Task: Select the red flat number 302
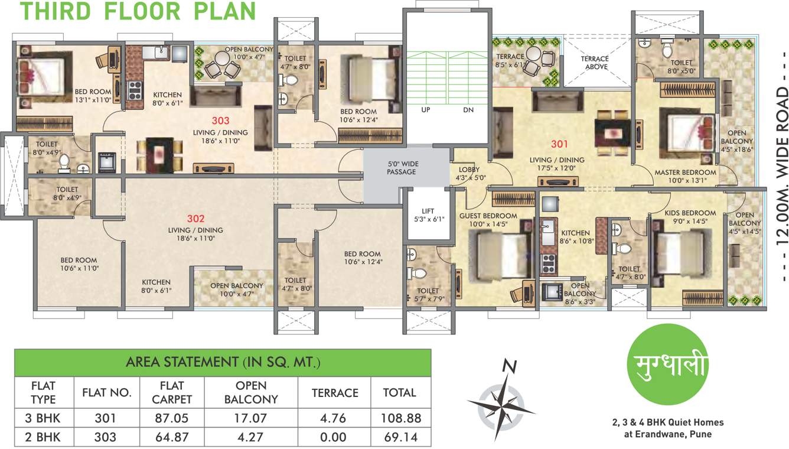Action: click(195, 217)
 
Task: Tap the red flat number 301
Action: click(559, 144)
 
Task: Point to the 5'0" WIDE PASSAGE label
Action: click(402, 168)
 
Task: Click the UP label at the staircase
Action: click(425, 110)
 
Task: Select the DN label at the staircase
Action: click(467, 110)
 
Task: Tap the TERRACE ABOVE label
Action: click(594, 63)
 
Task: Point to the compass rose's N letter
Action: click(506, 366)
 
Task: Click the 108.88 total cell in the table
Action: click(402, 418)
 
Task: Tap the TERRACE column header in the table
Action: click(335, 393)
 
